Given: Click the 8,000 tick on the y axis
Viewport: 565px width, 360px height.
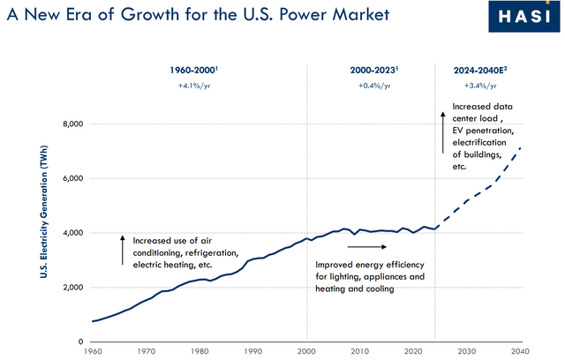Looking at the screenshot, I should tap(71, 124).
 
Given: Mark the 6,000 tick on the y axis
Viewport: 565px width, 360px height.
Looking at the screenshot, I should tap(71, 179).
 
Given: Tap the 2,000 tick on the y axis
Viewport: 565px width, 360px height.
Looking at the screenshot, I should tap(71, 288).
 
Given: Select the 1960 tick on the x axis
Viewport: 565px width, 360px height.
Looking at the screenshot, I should tap(92, 351).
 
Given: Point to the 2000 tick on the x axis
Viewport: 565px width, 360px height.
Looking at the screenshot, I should tap(307, 351).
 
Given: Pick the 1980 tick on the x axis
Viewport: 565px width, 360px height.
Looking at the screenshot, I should tap(200, 351).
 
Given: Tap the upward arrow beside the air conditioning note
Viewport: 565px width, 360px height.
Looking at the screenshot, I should tap(123, 251).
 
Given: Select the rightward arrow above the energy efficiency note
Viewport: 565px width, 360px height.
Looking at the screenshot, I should tap(362, 248).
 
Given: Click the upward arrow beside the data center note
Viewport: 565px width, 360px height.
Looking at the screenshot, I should tap(442, 129).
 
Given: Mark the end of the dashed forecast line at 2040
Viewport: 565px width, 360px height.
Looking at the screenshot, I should tap(522, 147).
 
